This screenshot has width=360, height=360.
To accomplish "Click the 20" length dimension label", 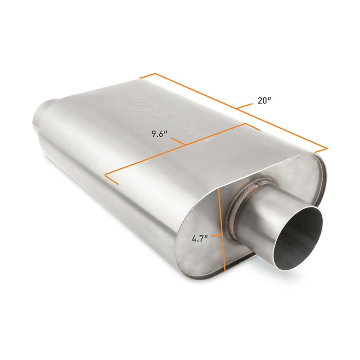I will pos(264,101).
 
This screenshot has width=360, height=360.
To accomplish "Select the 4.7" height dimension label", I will pos(199,239).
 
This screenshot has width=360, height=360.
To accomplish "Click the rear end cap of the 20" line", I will pos(147,76).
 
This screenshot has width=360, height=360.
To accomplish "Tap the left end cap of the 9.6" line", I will pos(111,179).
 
